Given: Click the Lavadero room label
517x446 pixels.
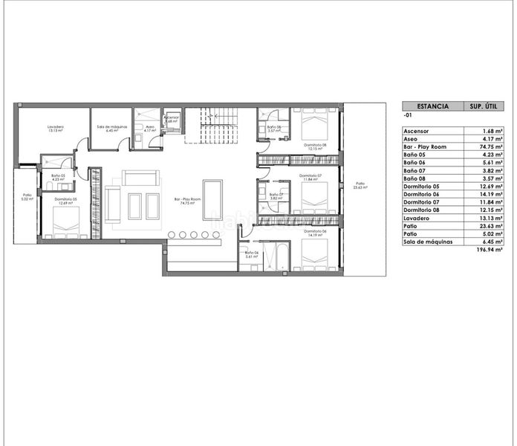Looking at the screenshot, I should coord(55,129).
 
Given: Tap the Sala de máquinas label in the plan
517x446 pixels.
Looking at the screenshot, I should coord(112,128).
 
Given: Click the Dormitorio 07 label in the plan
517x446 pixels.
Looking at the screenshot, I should coord(311,176).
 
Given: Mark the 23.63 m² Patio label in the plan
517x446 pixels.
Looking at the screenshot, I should coord(360,185).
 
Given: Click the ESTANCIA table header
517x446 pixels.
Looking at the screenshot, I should coord(432,106).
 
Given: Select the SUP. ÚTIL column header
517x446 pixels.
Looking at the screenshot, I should coord(480,106).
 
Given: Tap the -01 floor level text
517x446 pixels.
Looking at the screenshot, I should coord(407,117).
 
